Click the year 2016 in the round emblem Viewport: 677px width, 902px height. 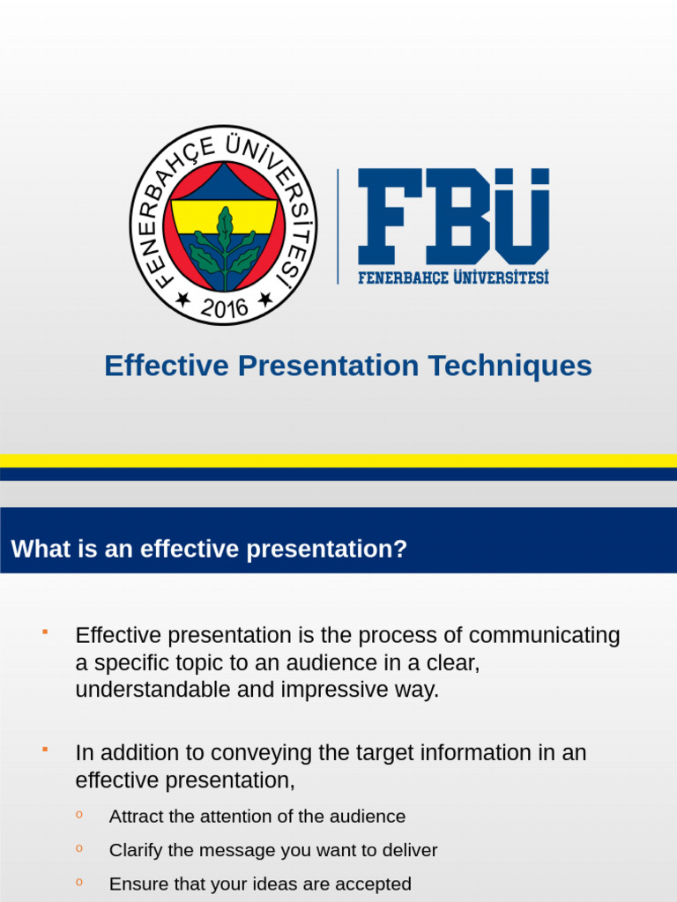point(224,307)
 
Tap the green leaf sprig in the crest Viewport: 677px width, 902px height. point(225,247)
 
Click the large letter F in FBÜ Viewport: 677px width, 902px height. point(389,216)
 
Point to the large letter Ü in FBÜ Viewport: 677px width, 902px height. point(517,216)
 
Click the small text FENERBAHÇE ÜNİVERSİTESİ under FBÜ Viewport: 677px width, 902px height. point(453,277)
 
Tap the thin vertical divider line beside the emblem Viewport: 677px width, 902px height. point(338,226)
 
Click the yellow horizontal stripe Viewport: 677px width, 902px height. point(338,460)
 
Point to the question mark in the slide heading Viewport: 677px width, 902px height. point(401,550)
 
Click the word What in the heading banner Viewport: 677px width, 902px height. point(37,550)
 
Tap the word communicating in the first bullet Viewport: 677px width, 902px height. point(544,635)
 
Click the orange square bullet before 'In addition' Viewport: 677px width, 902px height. point(43,749)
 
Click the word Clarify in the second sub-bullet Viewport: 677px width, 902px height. point(136,851)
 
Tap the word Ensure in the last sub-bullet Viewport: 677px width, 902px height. point(137,884)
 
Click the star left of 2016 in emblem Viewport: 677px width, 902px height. point(182,299)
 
